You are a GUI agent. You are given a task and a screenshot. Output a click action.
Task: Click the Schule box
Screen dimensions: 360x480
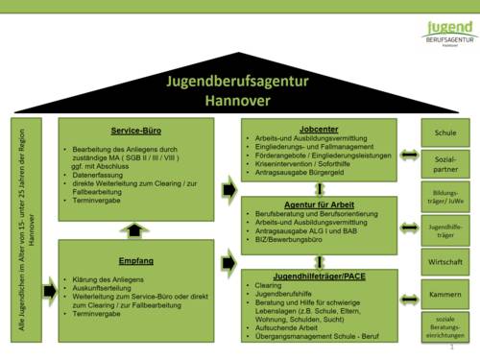click(445, 132)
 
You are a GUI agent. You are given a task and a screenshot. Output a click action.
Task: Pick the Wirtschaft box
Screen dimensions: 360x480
click(445, 261)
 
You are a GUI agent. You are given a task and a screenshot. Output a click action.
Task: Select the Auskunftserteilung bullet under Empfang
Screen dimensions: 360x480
click(107, 288)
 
